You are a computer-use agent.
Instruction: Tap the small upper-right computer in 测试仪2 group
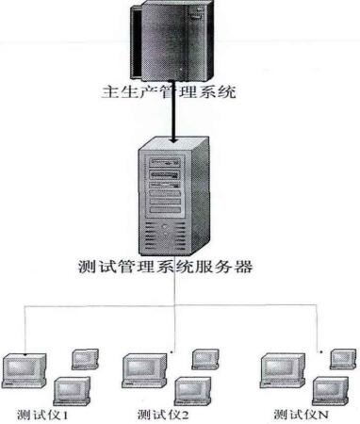coord(205,359)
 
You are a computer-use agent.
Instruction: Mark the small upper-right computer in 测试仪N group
coord(340,359)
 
